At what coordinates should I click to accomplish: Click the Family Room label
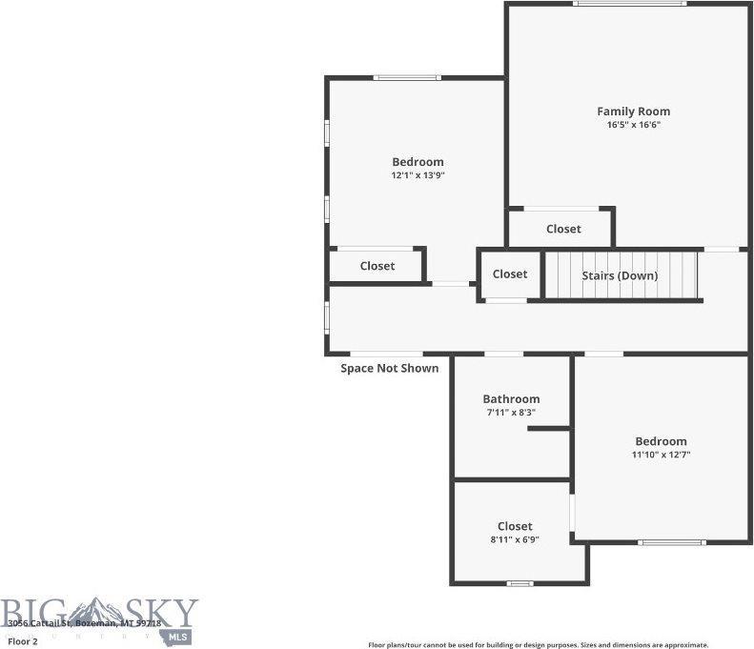(x=633, y=112)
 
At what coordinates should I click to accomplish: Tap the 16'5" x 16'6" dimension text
(x=633, y=125)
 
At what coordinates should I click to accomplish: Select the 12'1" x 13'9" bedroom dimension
(x=418, y=175)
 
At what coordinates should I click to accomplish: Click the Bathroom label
(x=511, y=399)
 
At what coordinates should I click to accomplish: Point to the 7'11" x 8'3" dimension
(x=511, y=413)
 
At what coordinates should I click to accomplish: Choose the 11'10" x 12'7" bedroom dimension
(x=661, y=455)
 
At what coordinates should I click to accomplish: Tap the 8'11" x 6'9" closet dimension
(x=515, y=539)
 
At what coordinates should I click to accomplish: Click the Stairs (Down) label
(x=620, y=275)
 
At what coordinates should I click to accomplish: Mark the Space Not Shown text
(x=390, y=368)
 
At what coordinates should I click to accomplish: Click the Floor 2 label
(x=22, y=641)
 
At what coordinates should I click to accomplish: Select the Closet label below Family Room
(x=563, y=229)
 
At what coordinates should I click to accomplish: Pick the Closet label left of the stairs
(x=510, y=274)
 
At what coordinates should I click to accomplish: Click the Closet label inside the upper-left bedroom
(x=377, y=266)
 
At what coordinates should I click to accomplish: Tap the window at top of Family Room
(x=629, y=4)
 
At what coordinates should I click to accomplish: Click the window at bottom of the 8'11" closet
(x=520, y=583)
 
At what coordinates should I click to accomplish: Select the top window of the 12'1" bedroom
(x=407, y=77)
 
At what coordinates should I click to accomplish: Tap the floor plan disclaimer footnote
(x=538, y=644)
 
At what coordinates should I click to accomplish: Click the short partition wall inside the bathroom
(x=549, y=429)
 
